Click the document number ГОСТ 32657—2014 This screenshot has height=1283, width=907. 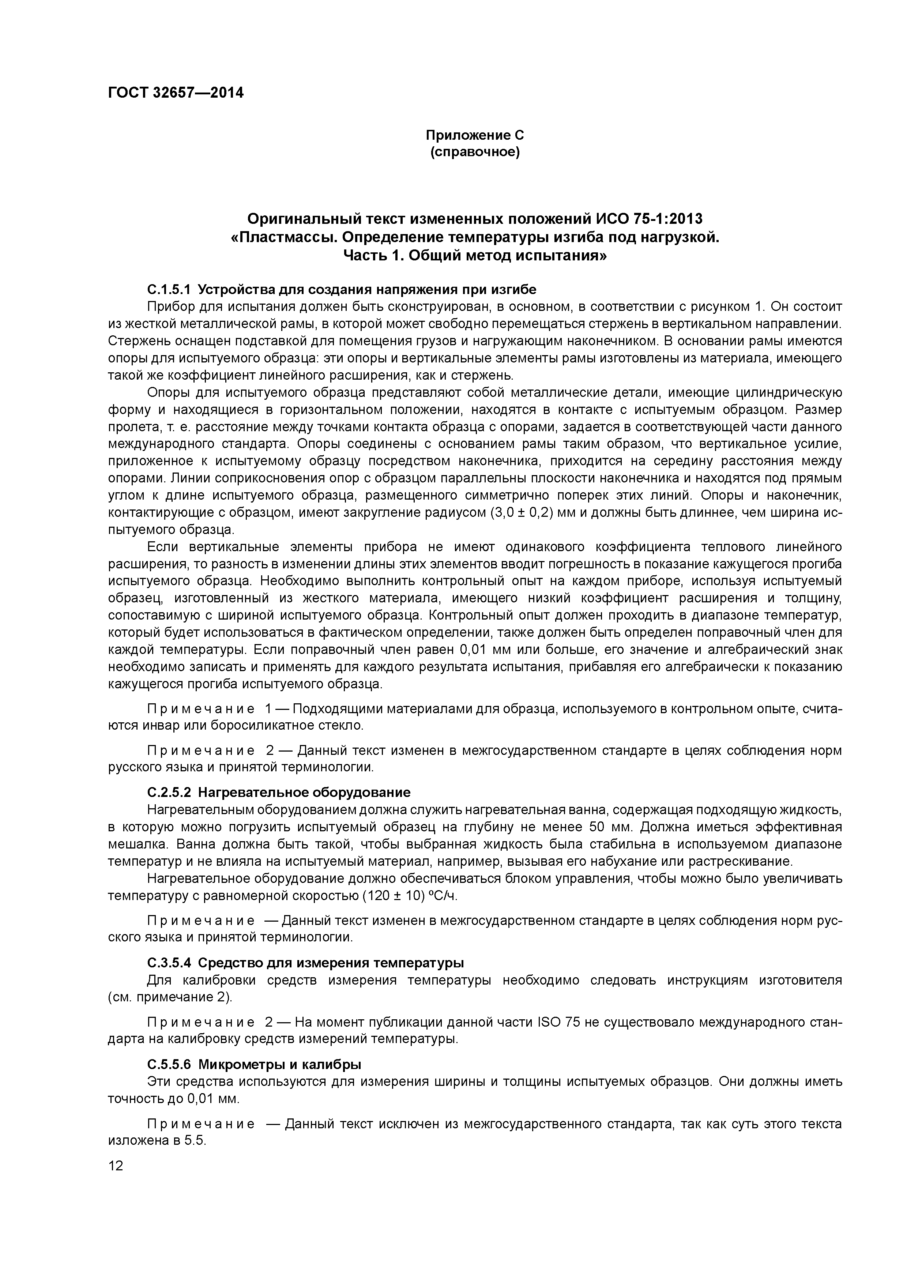click(x=176, y=93)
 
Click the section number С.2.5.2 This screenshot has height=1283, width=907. click(x=169, y=793)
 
